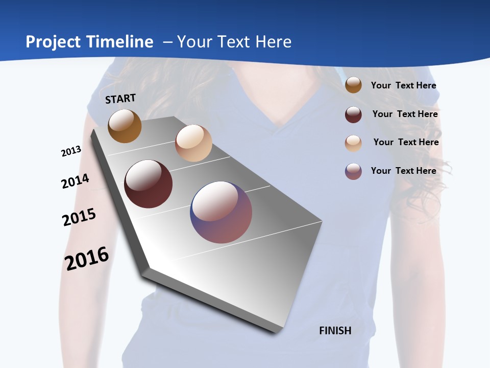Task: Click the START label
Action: click(120, 99)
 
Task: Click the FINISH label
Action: click(335, 330)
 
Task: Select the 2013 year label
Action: click(71, 151)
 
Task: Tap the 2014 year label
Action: click(75, 181)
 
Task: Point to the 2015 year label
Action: click(79, 217)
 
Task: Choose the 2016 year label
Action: click(87, 259)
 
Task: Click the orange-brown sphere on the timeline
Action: click(125, 126)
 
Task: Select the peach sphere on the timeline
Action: click(193, 143)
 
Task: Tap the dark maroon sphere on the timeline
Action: click(148, 184)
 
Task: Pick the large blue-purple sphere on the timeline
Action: click(221, 212)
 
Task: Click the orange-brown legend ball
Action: click(353, 85)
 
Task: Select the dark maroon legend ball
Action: click(353, 114)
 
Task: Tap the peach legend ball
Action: click(353, 143)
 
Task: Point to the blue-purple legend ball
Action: click(353, 172)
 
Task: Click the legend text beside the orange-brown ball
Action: click(403, 85)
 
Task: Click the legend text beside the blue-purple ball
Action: click(403, 171)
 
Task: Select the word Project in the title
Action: click(53, 42)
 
